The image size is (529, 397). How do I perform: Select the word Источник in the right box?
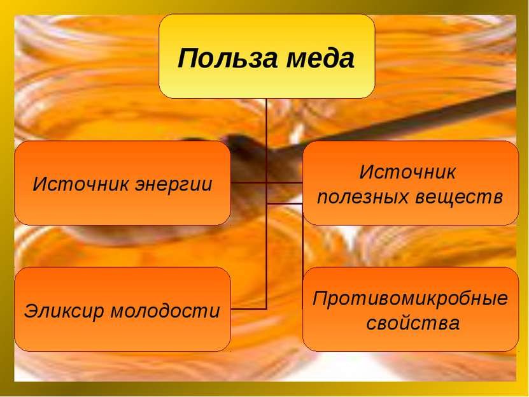[x=408, y=172]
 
